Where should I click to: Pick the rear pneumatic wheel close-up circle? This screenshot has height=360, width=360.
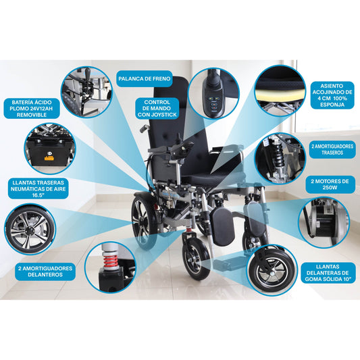coord(31,230)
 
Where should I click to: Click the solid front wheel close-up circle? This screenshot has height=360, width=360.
coord(272,272)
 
